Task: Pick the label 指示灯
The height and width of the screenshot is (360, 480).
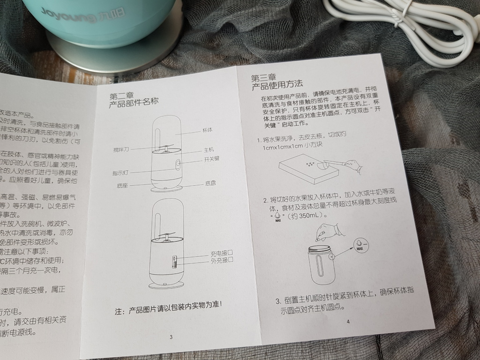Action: [x=121, y=172]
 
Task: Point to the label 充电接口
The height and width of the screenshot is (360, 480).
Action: [x=222, y=254]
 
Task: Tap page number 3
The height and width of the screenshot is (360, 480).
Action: [x=171, y=337]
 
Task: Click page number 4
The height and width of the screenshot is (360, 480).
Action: [x=348, y=321]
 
